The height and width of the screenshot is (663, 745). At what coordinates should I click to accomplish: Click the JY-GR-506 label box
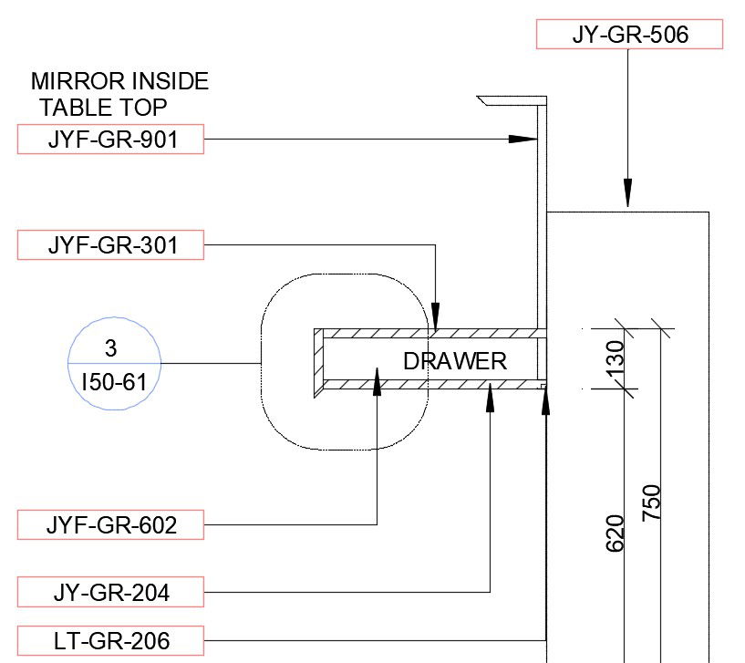click(629, 35)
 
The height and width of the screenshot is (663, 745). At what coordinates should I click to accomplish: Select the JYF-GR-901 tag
click(110, 140)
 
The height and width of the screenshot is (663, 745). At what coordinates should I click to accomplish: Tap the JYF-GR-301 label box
click(110, 244)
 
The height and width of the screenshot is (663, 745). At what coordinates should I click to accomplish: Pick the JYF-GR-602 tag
click(110, 524)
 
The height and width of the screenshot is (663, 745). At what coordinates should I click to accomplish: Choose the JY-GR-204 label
click(110, 592)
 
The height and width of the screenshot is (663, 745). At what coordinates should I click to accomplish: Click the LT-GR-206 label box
click(110, 641)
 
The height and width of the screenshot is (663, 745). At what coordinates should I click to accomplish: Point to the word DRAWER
click(455, 361)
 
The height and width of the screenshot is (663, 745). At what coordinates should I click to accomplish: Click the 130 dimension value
click(616, 358)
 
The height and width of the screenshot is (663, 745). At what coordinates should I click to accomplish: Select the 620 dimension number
click(615, 534)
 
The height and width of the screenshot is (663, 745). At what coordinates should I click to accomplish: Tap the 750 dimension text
click(651, 502)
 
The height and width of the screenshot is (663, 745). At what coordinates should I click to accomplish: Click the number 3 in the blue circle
click(110, 347)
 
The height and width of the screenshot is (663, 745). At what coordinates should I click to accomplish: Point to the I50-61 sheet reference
click(114, 382)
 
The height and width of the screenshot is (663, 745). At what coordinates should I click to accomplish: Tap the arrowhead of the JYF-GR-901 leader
click(523, 140)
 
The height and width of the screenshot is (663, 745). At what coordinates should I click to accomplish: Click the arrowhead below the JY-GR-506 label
click(627, 193)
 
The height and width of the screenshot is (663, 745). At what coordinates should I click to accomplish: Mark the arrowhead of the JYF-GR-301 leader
click(435, 316)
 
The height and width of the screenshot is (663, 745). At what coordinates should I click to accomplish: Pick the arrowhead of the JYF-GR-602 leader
click(377, 381)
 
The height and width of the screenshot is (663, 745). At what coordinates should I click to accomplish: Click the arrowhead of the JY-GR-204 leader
click(490, 398)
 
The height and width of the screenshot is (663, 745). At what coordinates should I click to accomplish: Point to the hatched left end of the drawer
click(319, 363)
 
